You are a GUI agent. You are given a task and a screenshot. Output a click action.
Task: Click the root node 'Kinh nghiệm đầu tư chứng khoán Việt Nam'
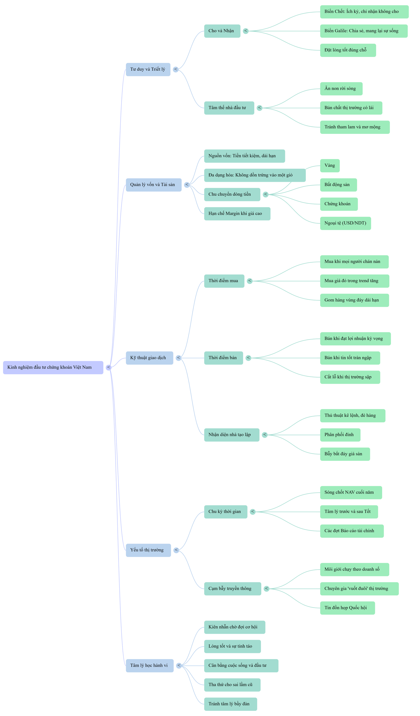(x=53, y=367)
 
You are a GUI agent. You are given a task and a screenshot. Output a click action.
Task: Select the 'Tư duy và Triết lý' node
(x=148, y=69)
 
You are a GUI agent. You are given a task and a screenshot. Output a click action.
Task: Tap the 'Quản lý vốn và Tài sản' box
(x=153, y=185)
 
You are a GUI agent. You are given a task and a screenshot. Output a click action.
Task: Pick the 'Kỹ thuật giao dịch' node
(x=149, y=358)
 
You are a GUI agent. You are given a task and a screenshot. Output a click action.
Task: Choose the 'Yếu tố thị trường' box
(x=148, y=550)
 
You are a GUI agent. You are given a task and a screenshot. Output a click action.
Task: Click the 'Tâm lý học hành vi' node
(x=150, y=665)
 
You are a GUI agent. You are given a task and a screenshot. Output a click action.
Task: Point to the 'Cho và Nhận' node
(x=222, y=31)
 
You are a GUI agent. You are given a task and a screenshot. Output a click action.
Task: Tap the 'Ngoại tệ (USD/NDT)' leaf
(x=345, y=223)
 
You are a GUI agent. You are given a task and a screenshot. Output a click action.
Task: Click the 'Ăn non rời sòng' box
(x=341, y=89)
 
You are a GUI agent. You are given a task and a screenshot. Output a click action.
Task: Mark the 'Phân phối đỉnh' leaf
(x=340, y=435)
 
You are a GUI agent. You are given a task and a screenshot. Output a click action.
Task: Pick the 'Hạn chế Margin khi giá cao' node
(x=237, y=214)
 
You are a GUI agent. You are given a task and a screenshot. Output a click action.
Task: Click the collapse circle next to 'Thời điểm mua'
(x=250, y=281)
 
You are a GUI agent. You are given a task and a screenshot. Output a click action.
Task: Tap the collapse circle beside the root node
(x=108, y=367)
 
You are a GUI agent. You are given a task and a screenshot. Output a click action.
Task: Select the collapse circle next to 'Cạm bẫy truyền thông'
(x=266, y=588)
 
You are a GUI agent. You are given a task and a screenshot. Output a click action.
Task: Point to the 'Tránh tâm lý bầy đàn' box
(x=231, y=704)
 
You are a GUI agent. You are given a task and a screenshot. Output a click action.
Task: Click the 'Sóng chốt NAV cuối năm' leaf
(x=351, y=492)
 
